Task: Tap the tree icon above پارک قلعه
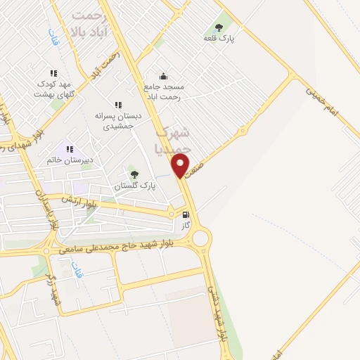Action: [x=219, y=27]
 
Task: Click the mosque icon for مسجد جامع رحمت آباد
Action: [x=163, y=76]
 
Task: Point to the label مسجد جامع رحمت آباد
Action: [x=162, y=91]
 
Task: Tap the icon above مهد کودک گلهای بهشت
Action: [x=53, y=72]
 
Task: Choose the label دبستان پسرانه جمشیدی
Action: [x=118, y=120]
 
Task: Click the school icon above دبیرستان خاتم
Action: [x=70, y=149]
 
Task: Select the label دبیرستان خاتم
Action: [x=70, y=160]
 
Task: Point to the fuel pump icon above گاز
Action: [x=186, y=214]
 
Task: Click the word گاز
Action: [x=186, y=226]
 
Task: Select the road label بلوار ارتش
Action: [x=77, y=198]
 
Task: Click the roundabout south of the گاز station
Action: [x=201, y=240]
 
